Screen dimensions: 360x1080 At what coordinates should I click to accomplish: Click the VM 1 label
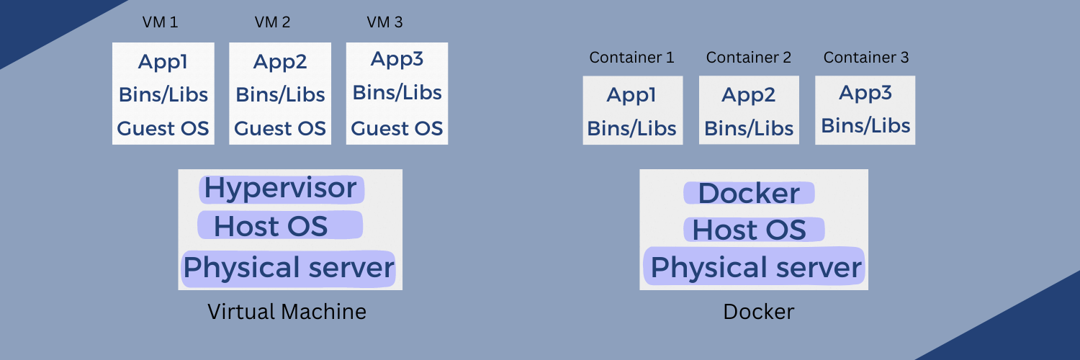[x=160, y=22]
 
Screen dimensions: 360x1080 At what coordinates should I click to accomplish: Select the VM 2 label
[x=272, y=22]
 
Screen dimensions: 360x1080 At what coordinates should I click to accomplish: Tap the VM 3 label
[x=384, y=22]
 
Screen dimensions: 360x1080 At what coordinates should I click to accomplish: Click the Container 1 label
[x=631, y=58]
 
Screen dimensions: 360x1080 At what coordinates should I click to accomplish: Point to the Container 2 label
[x=748, y=58]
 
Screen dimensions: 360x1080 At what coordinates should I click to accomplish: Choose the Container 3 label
[x=865, y=58]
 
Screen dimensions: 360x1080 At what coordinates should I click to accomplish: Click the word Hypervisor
[x=280, y=189]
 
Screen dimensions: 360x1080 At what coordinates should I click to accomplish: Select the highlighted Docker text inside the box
[x=749, y=194]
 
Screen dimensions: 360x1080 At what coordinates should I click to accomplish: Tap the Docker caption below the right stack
[x=758, y=312]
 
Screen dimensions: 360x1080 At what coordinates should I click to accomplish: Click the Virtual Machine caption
[x=287, y=312]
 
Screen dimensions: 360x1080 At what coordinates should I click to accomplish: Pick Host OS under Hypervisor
[x=271, y=226]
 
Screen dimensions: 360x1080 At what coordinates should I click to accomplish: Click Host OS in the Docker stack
[x=749, y=230]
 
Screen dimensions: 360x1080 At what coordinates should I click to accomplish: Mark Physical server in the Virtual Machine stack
[x=288, y=268]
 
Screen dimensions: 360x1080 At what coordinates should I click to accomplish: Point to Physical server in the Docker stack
[x=755, y=268]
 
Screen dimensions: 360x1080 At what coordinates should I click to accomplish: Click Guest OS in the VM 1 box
[x=163, y=129]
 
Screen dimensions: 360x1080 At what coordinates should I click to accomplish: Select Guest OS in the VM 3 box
[x=397, y=129]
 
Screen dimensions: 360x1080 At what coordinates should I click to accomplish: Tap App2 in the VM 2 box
[x=280, y=63]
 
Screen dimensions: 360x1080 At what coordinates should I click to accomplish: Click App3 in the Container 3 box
[x=865, y=93]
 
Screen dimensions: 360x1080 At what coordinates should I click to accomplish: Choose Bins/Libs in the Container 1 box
[x=631, y=128]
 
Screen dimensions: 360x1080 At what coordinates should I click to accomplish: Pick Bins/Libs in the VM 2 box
[x=280, y=95]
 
